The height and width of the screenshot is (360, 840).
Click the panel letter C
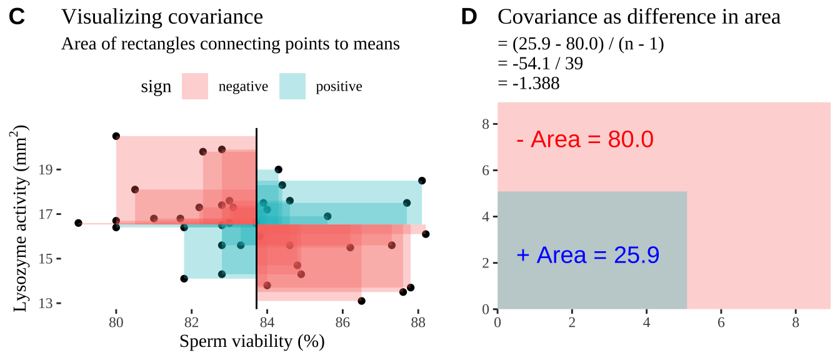(x=17, y=17)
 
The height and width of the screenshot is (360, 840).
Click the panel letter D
(x=469, y=17)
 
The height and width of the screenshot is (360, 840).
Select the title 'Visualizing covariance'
(x=162, y=17)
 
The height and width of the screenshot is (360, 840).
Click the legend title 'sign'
(x=156, y=87)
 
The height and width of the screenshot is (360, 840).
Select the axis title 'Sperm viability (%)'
(x=252, y=342)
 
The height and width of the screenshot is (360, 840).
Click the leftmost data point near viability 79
(x=78, y=223)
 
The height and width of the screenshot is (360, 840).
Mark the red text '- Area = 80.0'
(x=585, y=139)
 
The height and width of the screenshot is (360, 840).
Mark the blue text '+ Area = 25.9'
(x=588, y=255)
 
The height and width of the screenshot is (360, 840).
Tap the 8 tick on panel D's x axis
(x=796, y=322)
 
